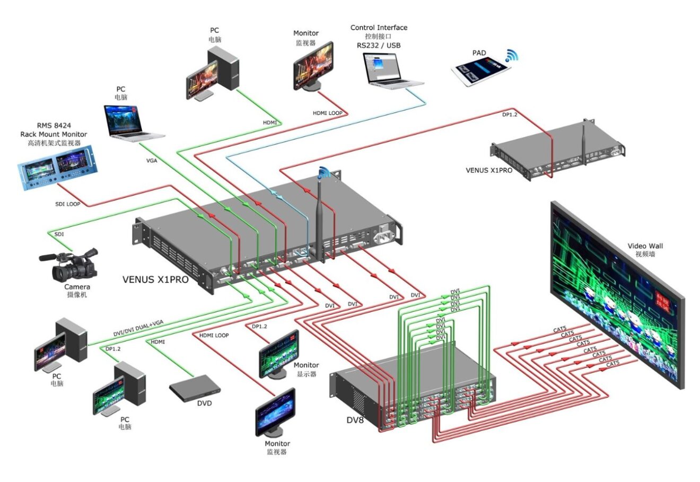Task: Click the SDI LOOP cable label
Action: [x=68, y=204]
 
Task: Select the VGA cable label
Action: [x=152, y=160]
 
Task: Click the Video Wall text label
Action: [x=645, y=246]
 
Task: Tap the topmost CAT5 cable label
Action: [x=560, y=330]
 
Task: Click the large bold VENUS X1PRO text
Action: [x=155, y=278]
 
